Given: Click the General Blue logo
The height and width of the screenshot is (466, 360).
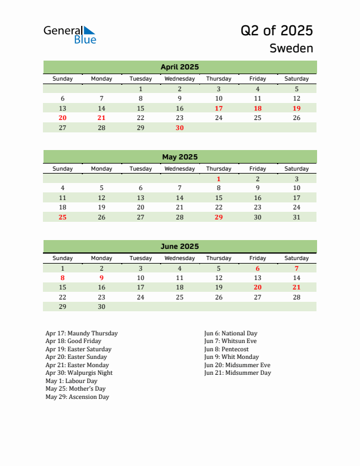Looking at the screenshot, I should (x=69, y=35).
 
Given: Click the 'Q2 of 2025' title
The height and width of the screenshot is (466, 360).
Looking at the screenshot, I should (x=276, y=31).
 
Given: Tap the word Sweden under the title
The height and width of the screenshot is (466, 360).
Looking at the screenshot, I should (x=291, y=48).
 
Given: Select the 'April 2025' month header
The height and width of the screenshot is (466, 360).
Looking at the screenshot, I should (x=179, y=67).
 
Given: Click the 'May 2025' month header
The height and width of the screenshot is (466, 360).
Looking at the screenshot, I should (x=179, y=157).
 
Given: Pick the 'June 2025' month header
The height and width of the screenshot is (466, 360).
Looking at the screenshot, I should (x=179, y=247).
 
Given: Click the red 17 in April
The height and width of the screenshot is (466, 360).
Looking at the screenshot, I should (x=219, y=108).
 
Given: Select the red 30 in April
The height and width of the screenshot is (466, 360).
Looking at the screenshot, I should (x=179, y=128).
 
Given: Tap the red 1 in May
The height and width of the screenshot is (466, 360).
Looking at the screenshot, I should (x=219, y=179).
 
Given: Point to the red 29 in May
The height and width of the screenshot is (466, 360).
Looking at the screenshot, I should (x=219, y=217).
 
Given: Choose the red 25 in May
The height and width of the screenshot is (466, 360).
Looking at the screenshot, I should (x=63, y=217).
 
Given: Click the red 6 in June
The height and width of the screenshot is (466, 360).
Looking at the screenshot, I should (x=258, y=268).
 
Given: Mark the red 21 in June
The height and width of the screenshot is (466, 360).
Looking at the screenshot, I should (x=296, y=287).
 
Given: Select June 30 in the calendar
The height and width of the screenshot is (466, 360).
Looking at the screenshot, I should (x=101, y=307).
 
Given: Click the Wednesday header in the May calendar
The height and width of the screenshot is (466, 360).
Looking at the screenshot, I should (x=179, y=169).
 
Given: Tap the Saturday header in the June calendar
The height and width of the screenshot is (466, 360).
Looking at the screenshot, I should (x=296, y=258).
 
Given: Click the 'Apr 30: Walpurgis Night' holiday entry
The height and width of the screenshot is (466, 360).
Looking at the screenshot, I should (x=79, y=373).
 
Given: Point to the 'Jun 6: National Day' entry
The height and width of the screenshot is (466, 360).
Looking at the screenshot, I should (x=231, y=334).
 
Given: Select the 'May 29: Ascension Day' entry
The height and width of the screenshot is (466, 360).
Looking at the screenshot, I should (x=77, y=397).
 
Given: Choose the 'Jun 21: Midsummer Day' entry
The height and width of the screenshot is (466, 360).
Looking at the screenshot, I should (x=238, y=373).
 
